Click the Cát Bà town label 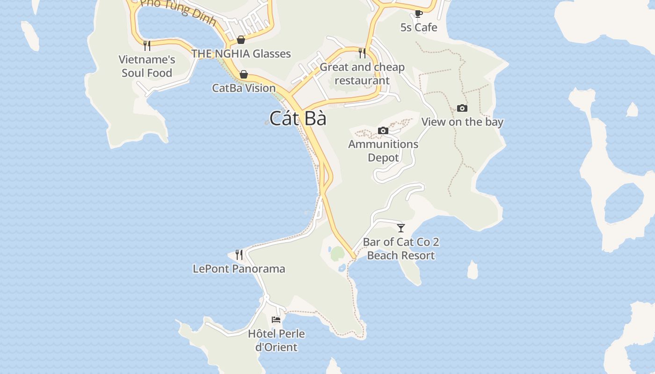point(298,118)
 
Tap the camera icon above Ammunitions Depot point(383,130)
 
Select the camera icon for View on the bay point(462,108)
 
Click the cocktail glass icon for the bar point(401,228)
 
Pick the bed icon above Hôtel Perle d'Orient point(276,320)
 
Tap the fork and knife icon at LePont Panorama point(239,255)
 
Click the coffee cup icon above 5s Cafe point(419,14)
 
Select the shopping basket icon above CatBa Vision point(243,74)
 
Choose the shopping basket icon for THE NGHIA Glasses point(241,40)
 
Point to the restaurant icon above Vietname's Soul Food point(147,45)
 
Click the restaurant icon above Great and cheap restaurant point(362,53)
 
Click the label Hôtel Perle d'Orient point(276,340)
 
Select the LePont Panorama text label point(239,269)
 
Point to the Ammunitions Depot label point(383,151)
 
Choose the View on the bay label point(462,122)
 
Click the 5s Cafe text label point(419,28)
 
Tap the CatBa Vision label point(244,88)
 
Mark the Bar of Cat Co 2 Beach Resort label point(401,249)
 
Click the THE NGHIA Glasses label point(241,54)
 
